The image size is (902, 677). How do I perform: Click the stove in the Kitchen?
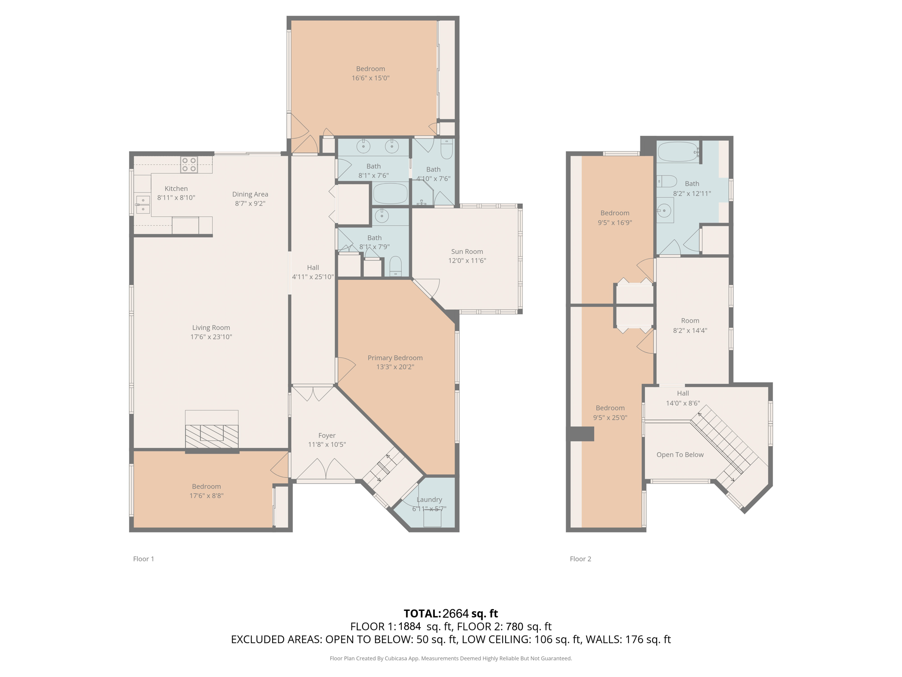pos(189,164)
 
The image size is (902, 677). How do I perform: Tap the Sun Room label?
pos(467,251)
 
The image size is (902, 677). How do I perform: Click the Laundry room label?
pos(429,499)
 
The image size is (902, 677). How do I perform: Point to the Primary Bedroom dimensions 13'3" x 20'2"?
pos(395,367)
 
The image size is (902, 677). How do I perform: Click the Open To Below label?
pos(680,454)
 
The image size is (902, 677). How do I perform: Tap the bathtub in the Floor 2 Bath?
pos(678,152)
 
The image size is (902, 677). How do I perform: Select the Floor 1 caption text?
pos(144,559)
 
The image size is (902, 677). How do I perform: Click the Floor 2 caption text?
pos(580,559)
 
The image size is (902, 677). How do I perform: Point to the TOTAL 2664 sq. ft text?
pos(451,613)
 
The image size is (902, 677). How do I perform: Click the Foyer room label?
pos(327,435)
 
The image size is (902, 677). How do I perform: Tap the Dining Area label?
pos(250,194)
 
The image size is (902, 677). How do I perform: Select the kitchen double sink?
pos(143,205)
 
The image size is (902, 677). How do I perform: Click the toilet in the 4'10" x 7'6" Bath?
pos(447,149)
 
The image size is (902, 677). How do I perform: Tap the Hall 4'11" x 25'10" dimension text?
pos(313,277)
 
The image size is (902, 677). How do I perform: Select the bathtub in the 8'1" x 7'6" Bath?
pos(391,193)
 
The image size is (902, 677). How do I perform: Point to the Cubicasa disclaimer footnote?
pos(451,658)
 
